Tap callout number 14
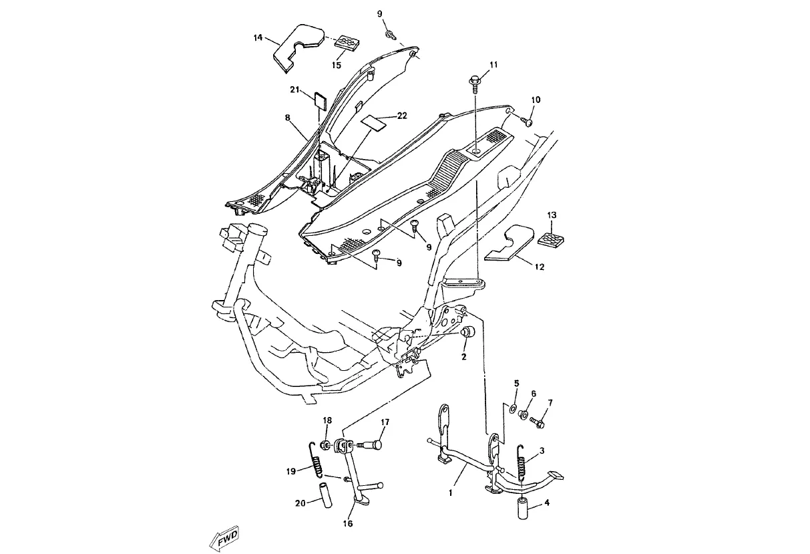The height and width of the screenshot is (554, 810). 258,37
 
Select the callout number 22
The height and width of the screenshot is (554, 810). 402,116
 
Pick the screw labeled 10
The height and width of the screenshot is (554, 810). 526,121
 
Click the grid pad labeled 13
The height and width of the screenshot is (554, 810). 551,239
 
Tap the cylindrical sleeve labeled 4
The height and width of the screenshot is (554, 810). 523,509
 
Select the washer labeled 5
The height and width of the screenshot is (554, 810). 512,409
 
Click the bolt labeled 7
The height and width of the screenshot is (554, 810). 537,422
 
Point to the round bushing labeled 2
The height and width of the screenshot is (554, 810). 468,332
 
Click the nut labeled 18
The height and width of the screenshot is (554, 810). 325,444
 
